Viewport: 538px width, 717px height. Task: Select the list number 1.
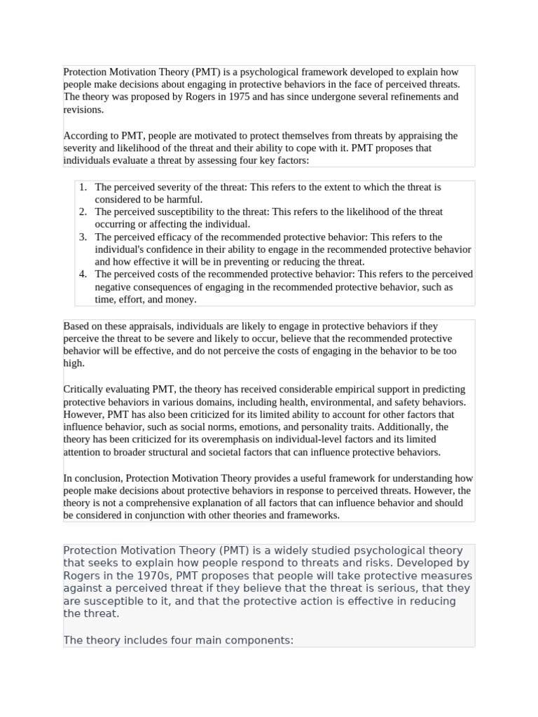click(x=82, y=187)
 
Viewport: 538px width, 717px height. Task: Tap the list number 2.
click(x=82, y=211)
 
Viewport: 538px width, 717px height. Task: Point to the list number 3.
click(x=82, y=237)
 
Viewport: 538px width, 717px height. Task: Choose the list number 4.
click(x=82, y=274)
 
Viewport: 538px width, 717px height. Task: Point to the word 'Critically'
click(x=85, y=389)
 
